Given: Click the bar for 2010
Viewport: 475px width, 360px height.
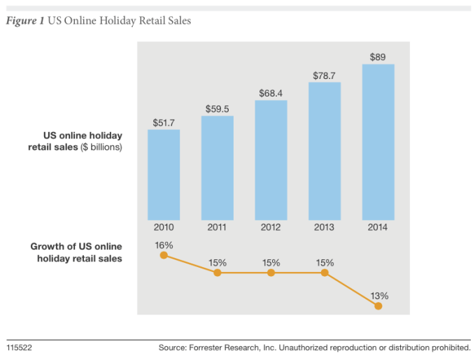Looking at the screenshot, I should tap(164, 175).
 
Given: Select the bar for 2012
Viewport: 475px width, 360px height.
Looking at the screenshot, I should tap(271, 160).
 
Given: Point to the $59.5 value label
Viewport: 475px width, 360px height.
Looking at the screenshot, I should tap(217, 108).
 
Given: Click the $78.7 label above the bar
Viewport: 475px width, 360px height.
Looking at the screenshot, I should tap(325, 75).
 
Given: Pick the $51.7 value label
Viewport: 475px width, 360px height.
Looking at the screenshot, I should tap(164, 122).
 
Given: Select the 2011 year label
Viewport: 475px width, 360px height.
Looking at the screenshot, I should tap(217, 227).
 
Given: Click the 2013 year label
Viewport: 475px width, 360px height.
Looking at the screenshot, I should tap(325, 227).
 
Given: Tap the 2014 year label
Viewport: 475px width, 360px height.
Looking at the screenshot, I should tap(378, 227).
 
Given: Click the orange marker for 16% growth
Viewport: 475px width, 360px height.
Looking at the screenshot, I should tap(164, 255).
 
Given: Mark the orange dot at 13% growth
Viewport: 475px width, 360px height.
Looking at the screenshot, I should tap(378, 305).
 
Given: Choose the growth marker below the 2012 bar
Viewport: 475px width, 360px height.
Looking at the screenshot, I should tap(271, 272).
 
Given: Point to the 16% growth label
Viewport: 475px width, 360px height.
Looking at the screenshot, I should tap(164, 245).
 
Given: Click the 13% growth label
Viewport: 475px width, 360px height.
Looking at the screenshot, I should tap(378, 295).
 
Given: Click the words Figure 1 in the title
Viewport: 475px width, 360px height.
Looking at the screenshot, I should tap(25, 21).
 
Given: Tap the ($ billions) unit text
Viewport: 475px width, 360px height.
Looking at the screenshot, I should tap(101, 147).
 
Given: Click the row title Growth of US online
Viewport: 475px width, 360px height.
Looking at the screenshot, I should tap(76, 246).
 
